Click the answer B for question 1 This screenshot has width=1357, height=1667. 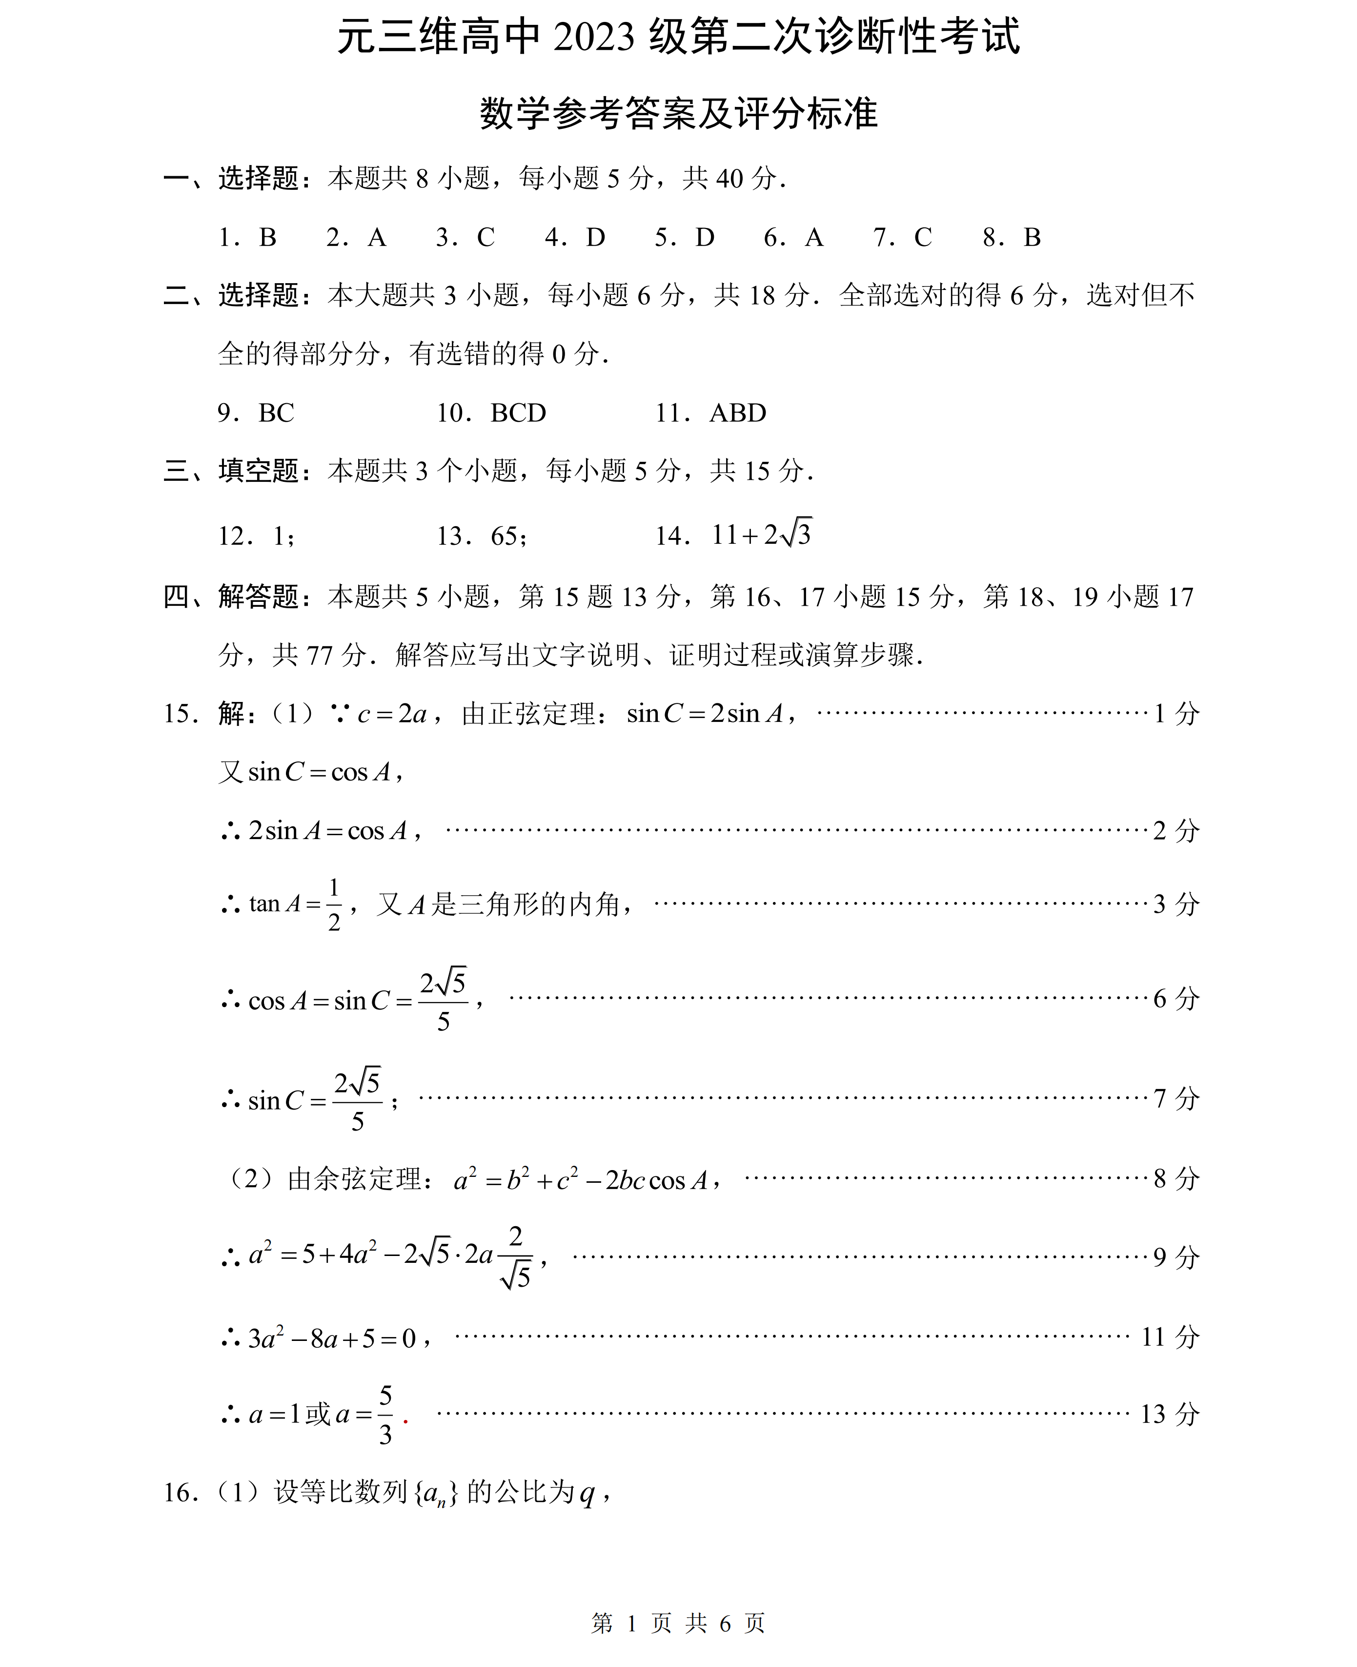point(267,238)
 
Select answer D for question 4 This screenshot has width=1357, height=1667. point(596,238)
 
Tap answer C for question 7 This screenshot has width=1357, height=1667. point(923,238)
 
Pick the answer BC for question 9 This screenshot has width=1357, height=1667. point(276,413)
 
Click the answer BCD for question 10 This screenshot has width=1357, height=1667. point(518,413)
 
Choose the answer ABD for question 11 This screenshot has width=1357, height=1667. point(738,413)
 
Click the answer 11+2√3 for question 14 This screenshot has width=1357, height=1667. point(761,535)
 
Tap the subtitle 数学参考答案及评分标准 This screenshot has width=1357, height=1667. point(678,113)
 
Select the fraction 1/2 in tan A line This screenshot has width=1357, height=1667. point(334,905)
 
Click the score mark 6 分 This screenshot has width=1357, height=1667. point(1175,998)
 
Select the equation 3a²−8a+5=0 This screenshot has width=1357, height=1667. point(332,1338)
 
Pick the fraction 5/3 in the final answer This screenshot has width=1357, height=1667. point(385,1414)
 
